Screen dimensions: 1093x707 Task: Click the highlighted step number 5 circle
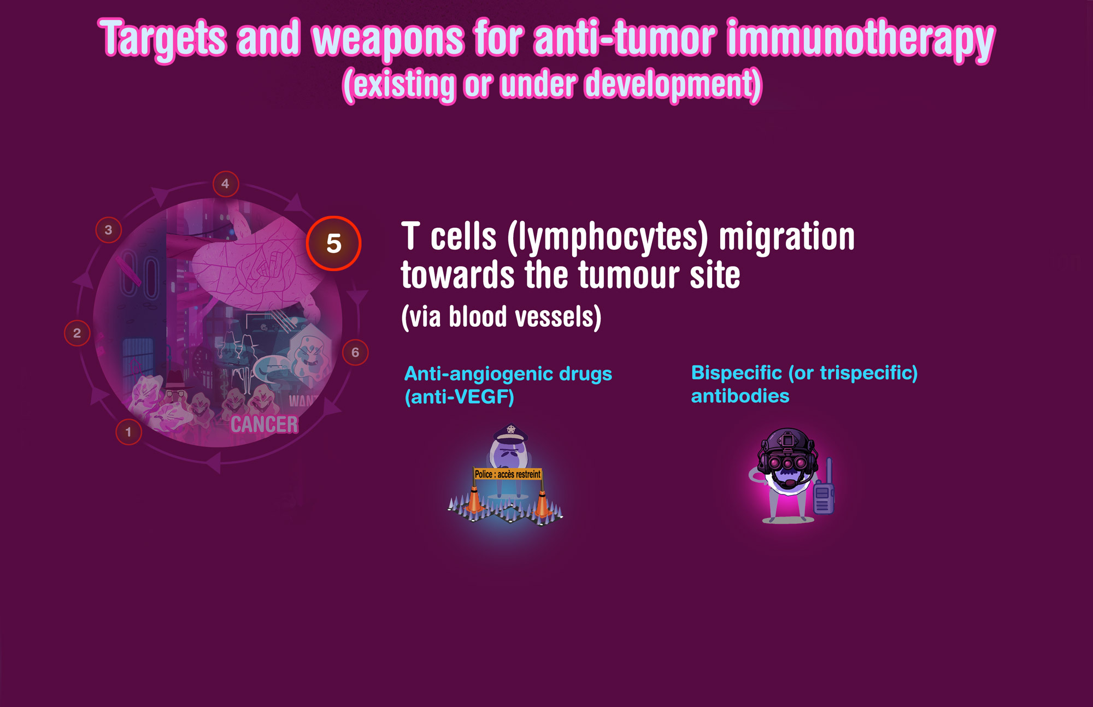pos(333,243)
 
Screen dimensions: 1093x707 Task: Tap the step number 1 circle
pos(128,432)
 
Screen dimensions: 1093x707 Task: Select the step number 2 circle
pos(77,333)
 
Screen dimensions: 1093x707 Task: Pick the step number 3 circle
pos(108,230)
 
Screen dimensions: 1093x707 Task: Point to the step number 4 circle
pos(225,184)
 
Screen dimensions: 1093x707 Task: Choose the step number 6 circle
pos(355,352)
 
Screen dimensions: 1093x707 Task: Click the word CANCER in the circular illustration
pos(265,425)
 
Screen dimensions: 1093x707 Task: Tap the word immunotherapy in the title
pos(861,39)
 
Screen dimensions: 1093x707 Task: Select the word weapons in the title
pos(387,39)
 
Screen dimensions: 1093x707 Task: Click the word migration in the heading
pos(787,237)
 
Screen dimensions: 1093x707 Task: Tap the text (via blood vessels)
pos(501,316)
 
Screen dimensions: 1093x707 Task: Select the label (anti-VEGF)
pos(459,397)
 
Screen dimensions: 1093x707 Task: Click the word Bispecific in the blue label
pos(736,373)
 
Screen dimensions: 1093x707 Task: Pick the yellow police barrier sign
pos(508,474)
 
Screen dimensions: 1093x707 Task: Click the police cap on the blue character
pos(510,434)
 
